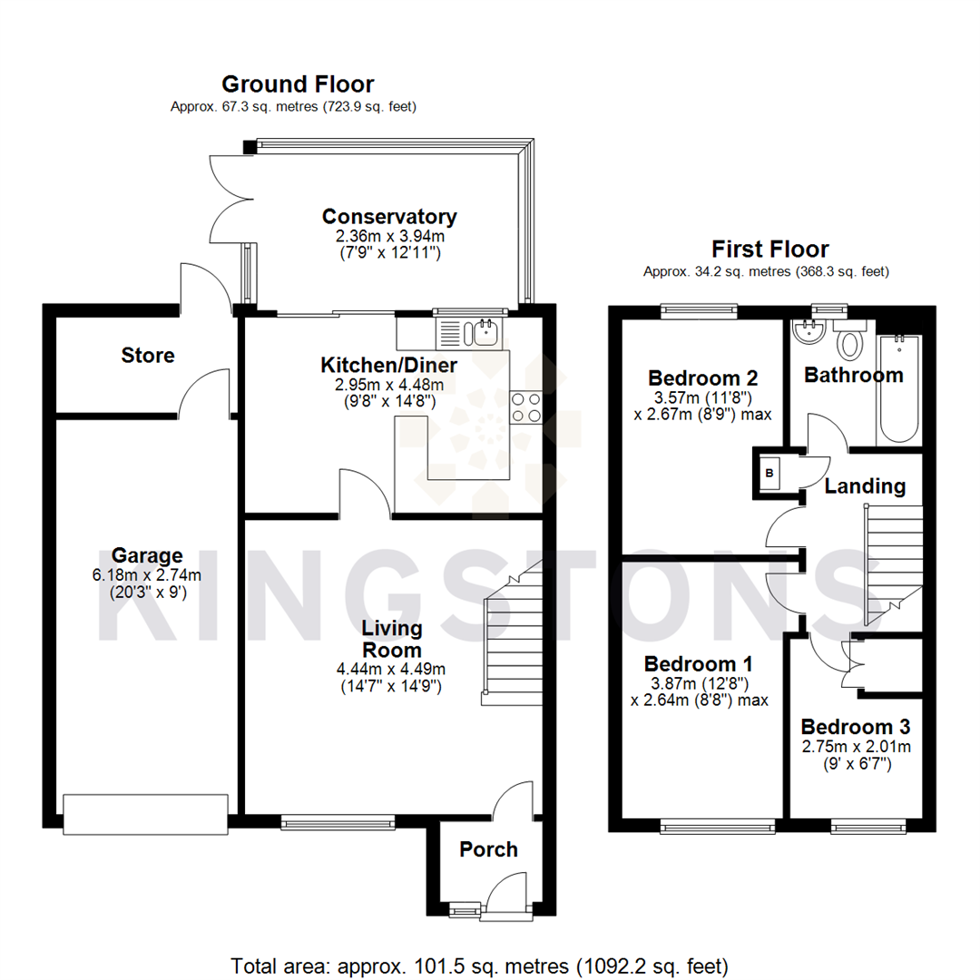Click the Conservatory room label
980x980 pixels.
pos(389,217)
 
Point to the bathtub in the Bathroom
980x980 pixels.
pos(899,389)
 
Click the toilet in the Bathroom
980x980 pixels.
pos(851,341)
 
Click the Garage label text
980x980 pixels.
pos(147,555)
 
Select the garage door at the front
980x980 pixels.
pos(145,814)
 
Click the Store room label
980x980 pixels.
pos(147,356)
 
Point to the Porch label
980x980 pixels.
pos(488,849)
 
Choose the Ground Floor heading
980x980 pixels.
pos(298,84)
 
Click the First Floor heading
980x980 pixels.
pos(769,249)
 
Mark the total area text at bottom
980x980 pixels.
pos(479,964)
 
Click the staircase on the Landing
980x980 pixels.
pos(893,563)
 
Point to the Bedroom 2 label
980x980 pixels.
pos(703,377)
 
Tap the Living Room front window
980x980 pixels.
pos(338,823)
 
